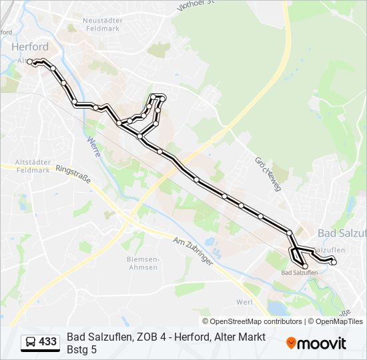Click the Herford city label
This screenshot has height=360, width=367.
30,47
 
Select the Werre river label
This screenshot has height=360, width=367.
93,147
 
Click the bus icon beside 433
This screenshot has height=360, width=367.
30,342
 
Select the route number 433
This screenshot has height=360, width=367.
48,342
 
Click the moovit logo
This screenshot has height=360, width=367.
316,343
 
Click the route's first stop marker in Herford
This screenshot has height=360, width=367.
30,62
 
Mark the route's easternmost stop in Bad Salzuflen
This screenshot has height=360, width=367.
334,262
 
